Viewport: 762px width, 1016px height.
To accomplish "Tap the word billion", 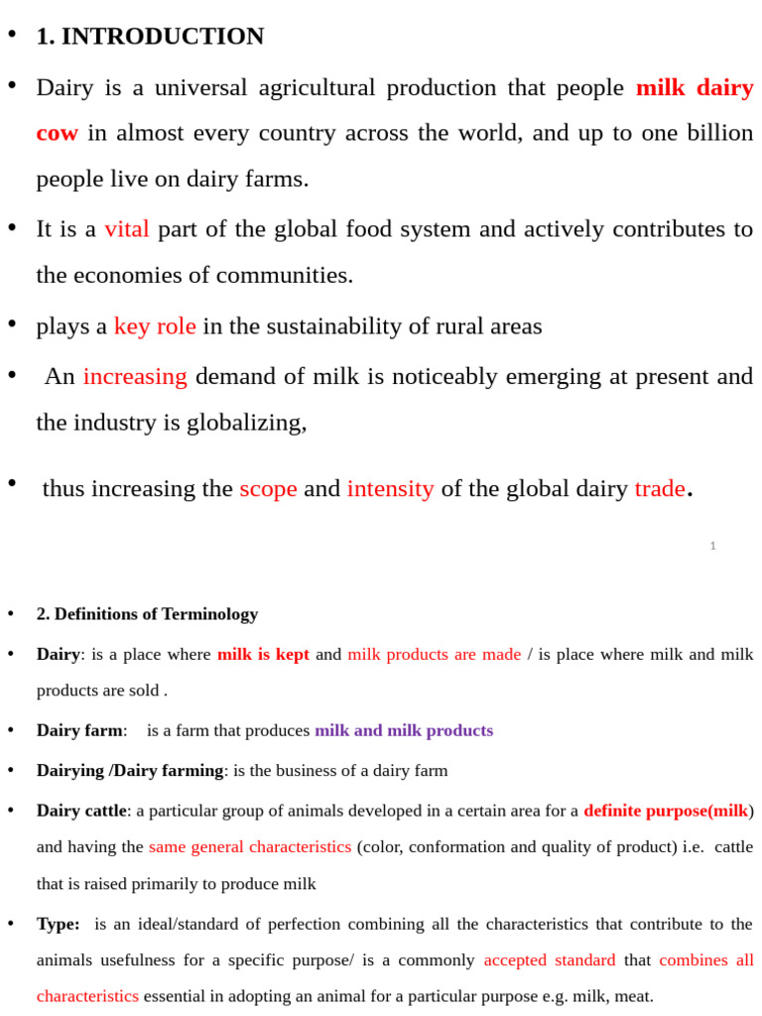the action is click(716, 133).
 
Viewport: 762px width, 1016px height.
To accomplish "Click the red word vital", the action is click(127, 229).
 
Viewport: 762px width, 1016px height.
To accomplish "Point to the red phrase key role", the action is click(155, 326).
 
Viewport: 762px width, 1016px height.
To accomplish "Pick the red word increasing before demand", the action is click(135, 376).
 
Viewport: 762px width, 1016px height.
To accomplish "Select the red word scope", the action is click(268, 488).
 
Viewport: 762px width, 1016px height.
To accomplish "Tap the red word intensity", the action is click(390, 488).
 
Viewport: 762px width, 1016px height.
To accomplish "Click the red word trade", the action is click(660, 488).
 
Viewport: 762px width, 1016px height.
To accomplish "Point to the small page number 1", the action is click(712, 546).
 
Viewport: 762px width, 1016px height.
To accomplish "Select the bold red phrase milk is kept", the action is click(263, 654).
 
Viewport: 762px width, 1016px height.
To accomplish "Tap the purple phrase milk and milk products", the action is click(404, 730).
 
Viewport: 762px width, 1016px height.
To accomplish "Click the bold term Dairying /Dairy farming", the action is click(130, 770).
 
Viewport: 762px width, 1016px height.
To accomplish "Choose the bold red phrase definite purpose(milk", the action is click(666, 811).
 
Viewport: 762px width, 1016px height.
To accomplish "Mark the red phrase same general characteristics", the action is click(250, 846).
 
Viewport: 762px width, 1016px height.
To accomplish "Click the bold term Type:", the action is click(59, 924).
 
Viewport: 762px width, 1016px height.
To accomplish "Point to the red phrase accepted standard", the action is click(550, 960).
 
